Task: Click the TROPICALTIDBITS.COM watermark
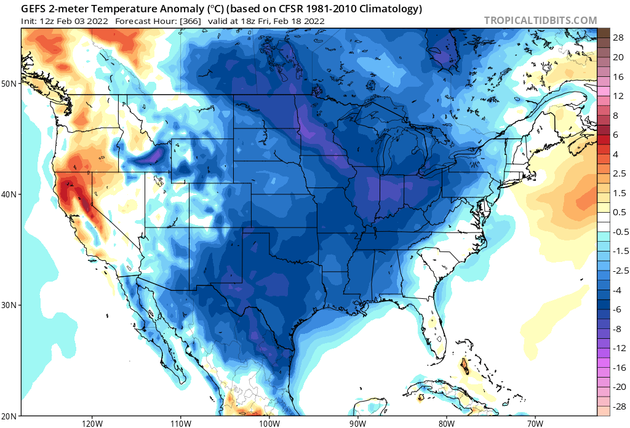click(x=540, y=20)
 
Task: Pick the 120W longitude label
click(x=92, y=423)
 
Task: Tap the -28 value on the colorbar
click(x=616, y=397)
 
